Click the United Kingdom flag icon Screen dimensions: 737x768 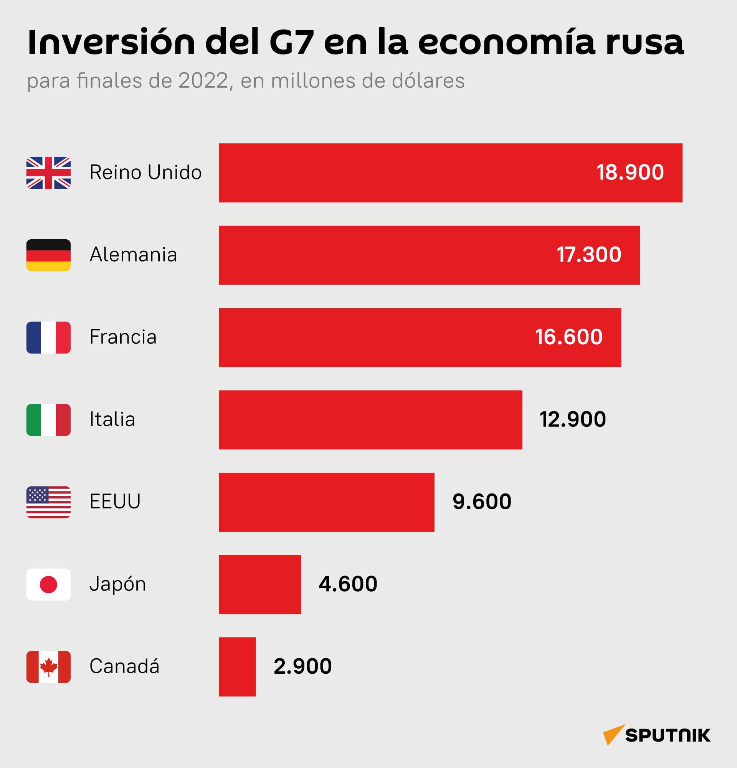48,173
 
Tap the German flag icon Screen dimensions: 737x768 48,255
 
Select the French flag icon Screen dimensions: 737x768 48,337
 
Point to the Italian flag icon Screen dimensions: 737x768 48,419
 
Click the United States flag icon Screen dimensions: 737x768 48,502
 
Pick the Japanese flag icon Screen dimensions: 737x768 48,584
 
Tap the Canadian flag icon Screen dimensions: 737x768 48,666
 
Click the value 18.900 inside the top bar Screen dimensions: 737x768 630,173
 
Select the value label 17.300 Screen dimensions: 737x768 589,255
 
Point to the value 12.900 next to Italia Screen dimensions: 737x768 573,419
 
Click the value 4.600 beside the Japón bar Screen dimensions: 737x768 348,584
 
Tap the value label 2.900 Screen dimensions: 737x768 302,666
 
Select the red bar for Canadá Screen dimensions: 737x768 237,666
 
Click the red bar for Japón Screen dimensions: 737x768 260,584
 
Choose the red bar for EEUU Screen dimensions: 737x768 327,502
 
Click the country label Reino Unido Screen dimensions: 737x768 145,173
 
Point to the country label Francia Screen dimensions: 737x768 123,337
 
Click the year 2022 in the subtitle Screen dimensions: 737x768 203,81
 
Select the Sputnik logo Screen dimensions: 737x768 657,735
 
